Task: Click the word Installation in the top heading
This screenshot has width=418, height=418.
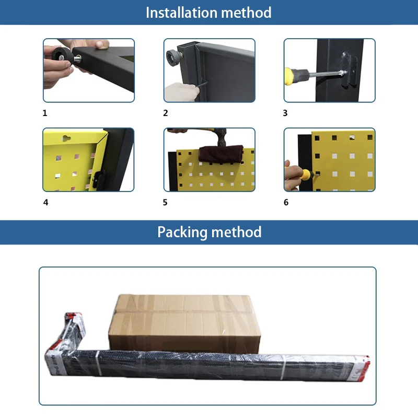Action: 179,12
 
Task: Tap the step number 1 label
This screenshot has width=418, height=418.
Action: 45,113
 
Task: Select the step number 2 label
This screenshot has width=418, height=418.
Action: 166,113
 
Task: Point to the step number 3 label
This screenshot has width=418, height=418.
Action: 285,113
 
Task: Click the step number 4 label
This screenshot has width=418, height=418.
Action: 45,202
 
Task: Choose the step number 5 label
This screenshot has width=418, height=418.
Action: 165,202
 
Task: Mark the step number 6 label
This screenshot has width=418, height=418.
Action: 286,202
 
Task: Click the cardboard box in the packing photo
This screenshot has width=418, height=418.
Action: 184,321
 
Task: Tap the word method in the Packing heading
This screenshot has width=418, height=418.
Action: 237,232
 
